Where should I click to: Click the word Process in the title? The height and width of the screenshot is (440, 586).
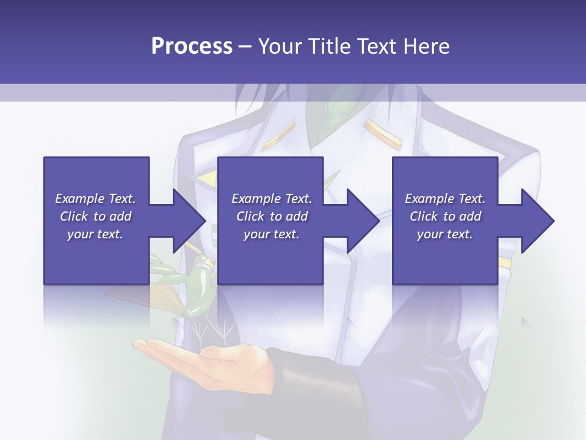tap(192, 46)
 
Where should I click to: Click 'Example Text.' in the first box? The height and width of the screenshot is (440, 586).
tap(95, 199)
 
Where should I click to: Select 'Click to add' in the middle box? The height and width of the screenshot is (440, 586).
tap(272, 216)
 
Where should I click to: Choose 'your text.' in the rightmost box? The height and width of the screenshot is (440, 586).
tap(444, 234)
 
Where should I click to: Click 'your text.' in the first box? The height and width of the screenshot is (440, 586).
tap(95, 234)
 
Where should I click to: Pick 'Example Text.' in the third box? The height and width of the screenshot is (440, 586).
tap(444, 199)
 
